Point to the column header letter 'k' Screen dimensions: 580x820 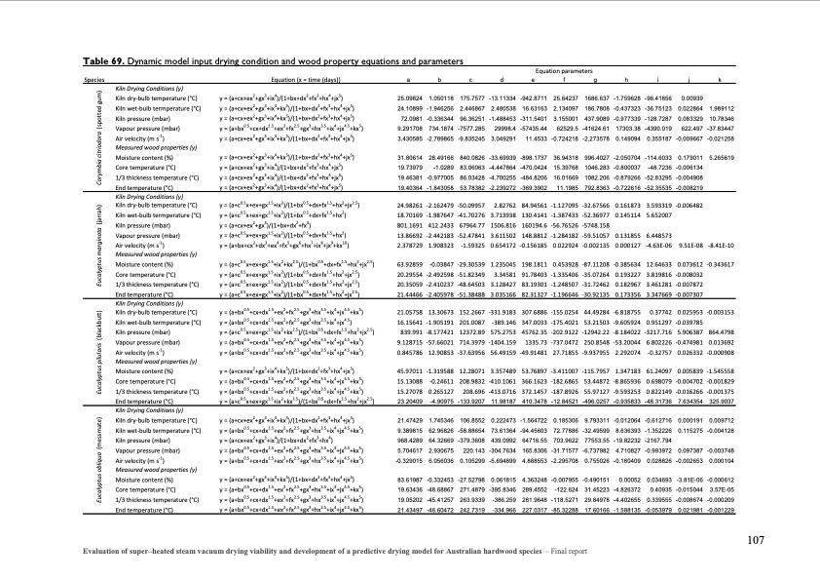(x=717, y=79)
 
